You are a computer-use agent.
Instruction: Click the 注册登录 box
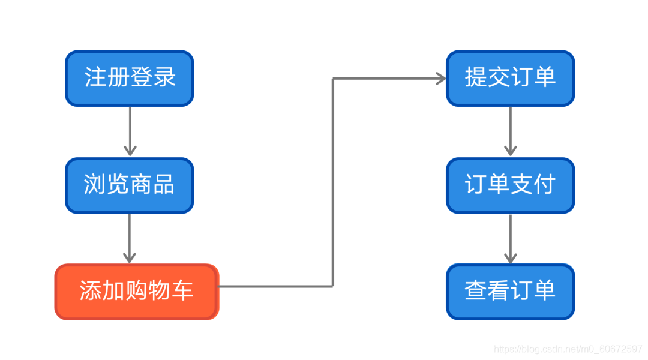coord(130,79)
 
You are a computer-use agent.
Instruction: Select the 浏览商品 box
coord(130,185)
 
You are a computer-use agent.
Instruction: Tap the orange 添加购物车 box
coord(137,292)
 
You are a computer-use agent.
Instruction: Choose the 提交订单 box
coord(510,79)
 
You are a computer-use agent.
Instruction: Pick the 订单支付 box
coord(510,185)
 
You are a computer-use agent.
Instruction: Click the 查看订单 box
coord(510,292)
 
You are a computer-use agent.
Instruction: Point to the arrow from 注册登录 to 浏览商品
coord(130,131)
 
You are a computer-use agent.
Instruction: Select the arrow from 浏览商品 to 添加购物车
coord(130,238)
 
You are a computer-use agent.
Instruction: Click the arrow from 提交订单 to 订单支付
coord(510,131)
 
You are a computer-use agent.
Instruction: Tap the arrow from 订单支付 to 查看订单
coord(510,238)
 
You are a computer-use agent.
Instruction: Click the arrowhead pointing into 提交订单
coord(441,79)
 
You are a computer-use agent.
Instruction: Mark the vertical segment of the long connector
coord(333,180)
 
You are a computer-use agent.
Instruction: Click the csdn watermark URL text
coord(568,349)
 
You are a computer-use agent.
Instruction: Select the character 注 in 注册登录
coord(95,77)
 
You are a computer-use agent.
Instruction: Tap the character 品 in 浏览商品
coord(164,185)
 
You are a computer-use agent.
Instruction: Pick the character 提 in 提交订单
coord(476,77)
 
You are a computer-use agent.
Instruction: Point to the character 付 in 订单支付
coord(544,185)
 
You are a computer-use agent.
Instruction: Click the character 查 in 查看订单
coord(476,291)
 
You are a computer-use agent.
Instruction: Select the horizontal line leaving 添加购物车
coord(276,286)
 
